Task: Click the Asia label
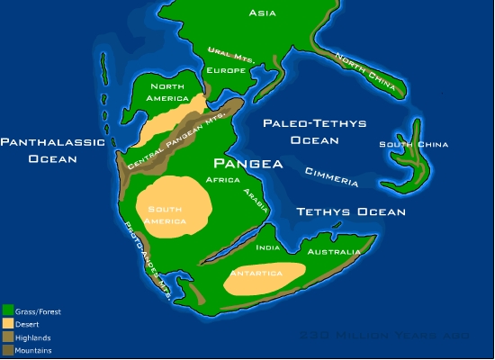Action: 263,13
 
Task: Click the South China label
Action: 413,144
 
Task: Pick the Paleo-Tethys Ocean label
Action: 314,131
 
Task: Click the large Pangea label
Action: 247,164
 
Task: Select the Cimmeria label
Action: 331,177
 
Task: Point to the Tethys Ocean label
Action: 351,212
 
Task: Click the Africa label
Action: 222,180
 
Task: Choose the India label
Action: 267,247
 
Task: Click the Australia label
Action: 333,252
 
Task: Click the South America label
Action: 165,215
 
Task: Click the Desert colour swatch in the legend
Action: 7,323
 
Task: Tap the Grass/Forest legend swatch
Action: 7,310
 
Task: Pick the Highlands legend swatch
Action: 7,337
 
